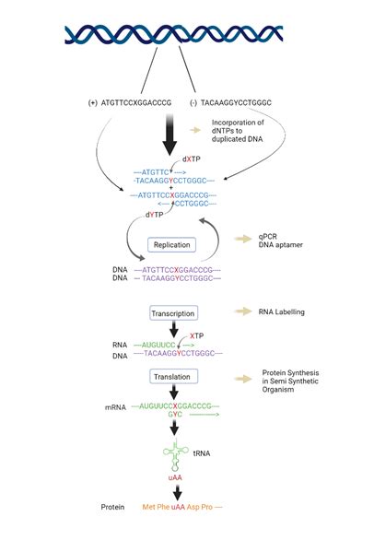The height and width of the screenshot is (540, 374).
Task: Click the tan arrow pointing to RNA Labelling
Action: tap(246, 312)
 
